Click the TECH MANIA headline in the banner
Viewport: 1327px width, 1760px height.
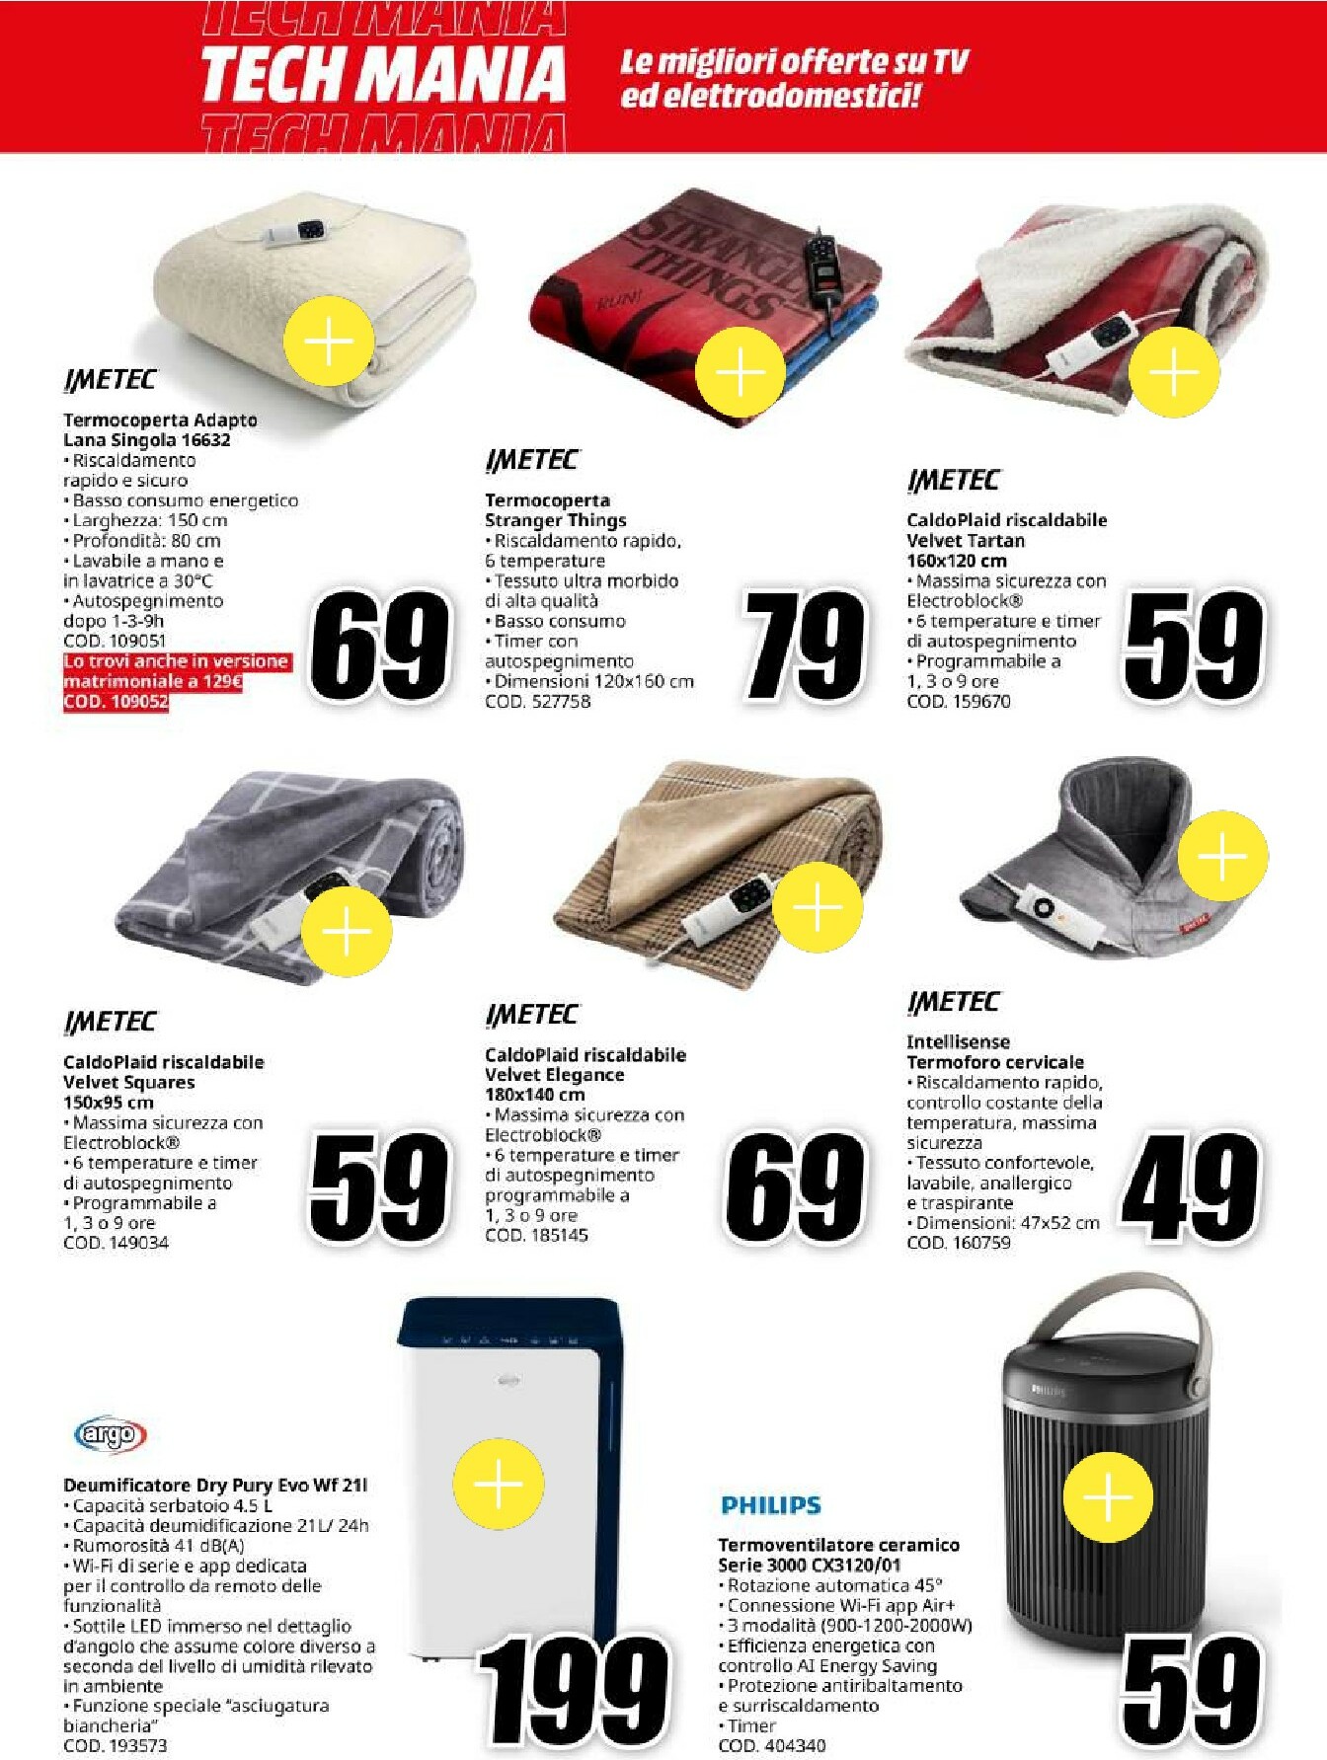pos(383,75)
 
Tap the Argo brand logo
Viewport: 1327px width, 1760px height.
pos(111,1433)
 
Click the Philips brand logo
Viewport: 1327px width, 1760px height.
pos(770,1504)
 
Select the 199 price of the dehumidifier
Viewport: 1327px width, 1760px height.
pos(573,1690)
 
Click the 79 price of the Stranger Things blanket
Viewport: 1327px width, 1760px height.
pos(805,646)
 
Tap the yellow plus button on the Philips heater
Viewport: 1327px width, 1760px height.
pos(1108,1497)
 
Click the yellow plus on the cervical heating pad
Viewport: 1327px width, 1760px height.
pos(1222,855)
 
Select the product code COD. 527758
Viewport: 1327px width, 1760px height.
pos(537,701)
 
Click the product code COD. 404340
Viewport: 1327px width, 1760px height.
pos(771,1745)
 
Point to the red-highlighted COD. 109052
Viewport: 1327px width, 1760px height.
pos(116,701)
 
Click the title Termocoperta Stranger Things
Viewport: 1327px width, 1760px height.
pos(555,510)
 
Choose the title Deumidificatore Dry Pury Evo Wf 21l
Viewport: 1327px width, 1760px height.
pos(215,1485)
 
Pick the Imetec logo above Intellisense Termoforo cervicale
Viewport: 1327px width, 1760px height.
pos(953,1002)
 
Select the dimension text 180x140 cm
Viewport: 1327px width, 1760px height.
pos(534,1094)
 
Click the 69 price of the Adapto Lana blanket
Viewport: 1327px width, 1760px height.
pos(380,646)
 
